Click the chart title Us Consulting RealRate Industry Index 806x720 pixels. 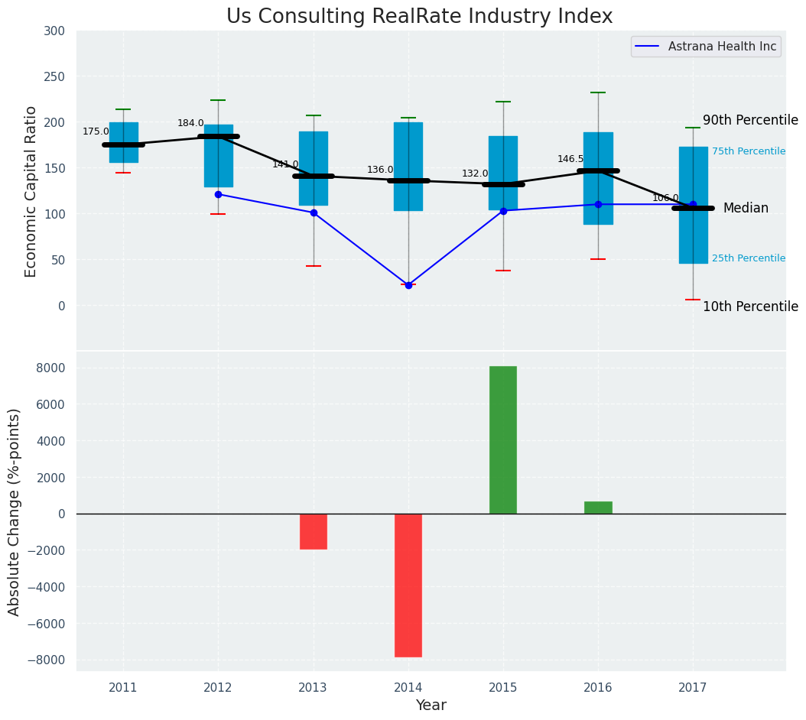[419, 17]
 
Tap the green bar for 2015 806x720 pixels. [503, 439]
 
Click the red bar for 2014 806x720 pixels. [408, 585]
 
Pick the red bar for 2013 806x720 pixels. [314, 531]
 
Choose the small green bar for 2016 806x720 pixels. [598, 508]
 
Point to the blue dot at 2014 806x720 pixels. [408, 285]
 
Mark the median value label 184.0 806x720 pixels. [190, 123]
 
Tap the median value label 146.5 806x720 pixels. [570, 159]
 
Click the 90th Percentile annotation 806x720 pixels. [750, 121]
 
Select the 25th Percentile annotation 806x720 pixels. [748, 258]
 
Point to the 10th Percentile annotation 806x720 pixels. [750, 306]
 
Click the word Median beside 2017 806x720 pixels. [746, 208]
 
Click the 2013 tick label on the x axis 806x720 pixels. [313, 688]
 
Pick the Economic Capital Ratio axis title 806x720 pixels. [31, 191]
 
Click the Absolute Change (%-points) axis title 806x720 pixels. [15, 512]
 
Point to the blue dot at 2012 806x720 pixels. [218, 194]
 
